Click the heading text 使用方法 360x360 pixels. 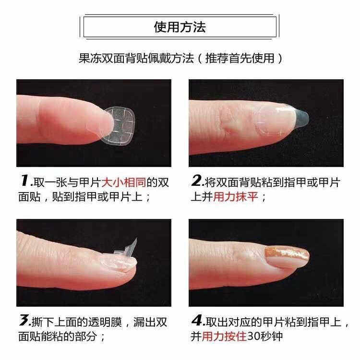click(x=180, y=27)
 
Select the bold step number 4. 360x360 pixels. click(x=196, y=320)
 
